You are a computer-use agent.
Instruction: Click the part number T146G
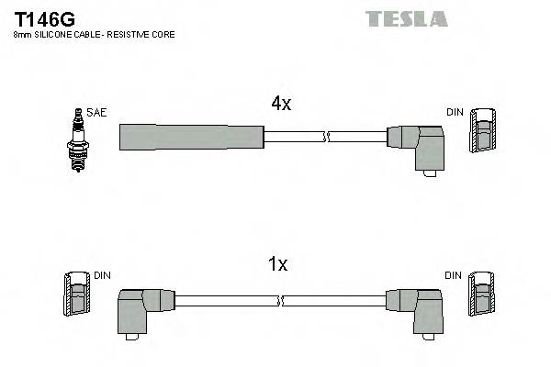(x=45, y=17)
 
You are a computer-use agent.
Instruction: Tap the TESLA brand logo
(x=406, y=18)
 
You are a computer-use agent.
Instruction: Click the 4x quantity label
(x=281, y=105)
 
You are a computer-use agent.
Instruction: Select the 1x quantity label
(x=277, y=264)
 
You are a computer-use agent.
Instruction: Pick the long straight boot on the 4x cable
(x=191, y=137)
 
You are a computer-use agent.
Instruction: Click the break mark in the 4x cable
(x=324, y=138)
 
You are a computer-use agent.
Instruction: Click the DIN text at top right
(x=455, y=112)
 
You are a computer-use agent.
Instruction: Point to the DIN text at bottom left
(x=102, y=274)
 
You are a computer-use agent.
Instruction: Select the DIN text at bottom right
(x=454, y=274)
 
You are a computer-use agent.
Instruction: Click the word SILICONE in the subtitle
(x=53, y=34)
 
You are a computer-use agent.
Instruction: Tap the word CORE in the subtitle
(x=161, y=34)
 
